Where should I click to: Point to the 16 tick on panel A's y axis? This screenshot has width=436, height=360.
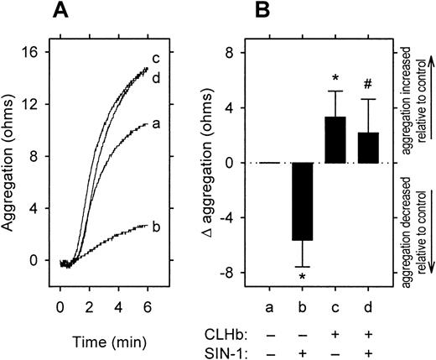tap(31, 52)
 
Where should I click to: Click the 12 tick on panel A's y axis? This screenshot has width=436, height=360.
tap(31, 104)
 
